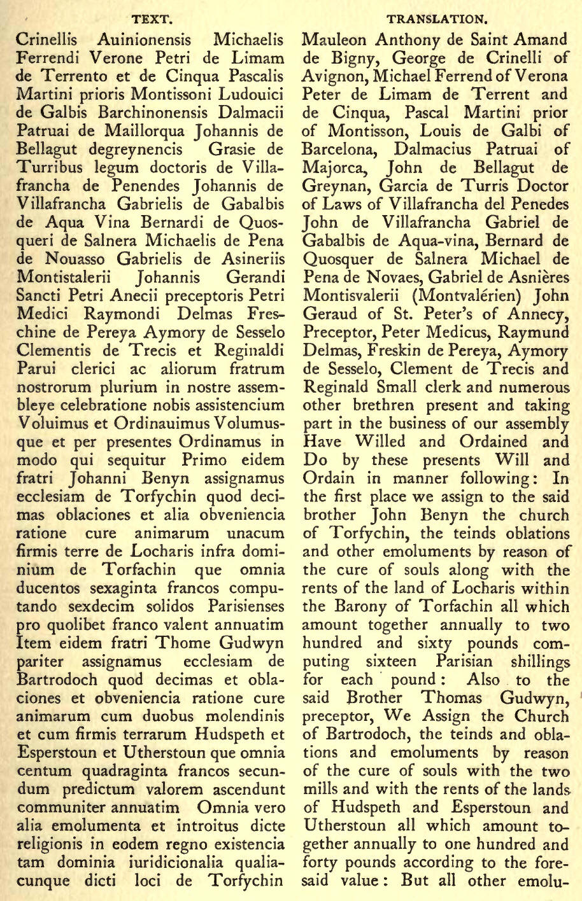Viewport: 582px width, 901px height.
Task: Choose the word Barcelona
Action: pyautogui.click(x=342, y=152)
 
